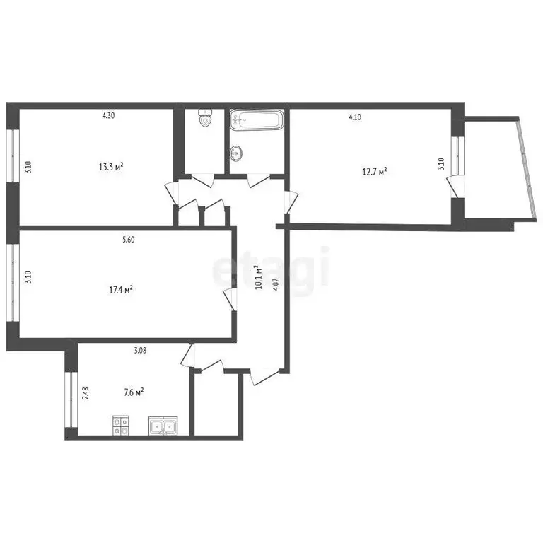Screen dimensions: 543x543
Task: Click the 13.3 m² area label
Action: pos(112,167)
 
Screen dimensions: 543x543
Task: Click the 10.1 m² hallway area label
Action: pos(259,279)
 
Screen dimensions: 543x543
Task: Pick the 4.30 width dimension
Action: pos(108,117)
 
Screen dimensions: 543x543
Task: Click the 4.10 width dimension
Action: pos(355,117)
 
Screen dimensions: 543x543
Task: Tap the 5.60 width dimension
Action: pos(128,240)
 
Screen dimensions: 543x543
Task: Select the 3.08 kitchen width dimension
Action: pos(140,350)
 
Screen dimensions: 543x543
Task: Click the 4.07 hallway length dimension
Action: pos(276,291)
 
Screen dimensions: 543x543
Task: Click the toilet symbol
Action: pos(206,119)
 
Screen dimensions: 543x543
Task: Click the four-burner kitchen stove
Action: pos(121,426)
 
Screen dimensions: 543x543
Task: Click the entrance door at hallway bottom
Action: pos(262,376)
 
